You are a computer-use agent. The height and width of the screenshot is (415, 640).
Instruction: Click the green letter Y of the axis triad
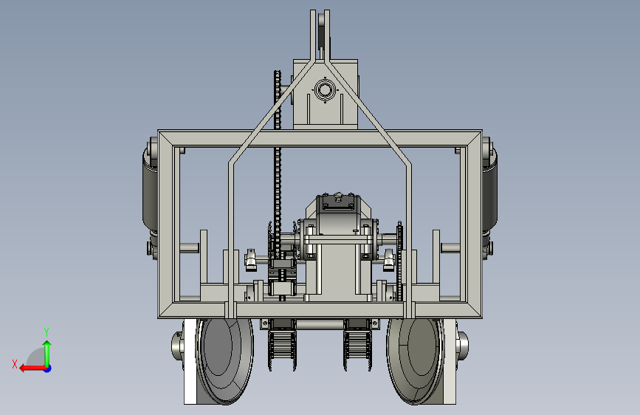point(47,332)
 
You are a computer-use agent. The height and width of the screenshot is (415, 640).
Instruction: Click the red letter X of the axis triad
point(15,364)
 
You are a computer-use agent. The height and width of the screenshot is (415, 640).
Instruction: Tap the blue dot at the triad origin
point(48,368)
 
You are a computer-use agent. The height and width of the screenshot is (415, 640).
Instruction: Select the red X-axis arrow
point(32,368)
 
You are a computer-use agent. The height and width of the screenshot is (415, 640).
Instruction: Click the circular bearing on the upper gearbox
point(325,90)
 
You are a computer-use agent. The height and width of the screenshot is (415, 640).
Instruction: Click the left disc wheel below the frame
point(224,361)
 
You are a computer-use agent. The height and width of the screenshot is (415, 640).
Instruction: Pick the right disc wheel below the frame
point(415,361)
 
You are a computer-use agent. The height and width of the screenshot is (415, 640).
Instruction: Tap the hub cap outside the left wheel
point(177,346)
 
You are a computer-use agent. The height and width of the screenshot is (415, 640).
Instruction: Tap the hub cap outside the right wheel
point(462,346)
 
